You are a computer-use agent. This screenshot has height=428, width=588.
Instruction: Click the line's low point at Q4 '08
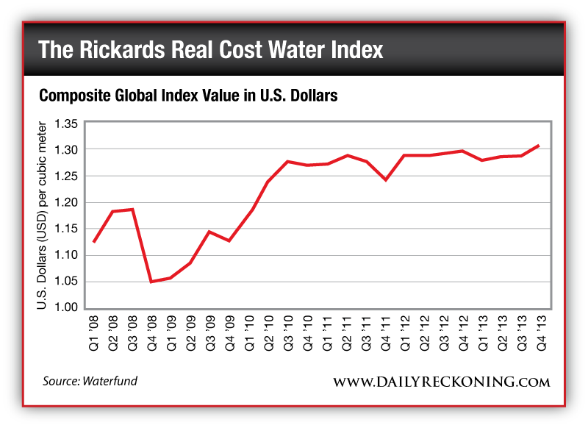pyautogui.click(x=151, y=282)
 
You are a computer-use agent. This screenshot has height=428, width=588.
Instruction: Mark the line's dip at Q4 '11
pyautogui.click(x=385, y=179)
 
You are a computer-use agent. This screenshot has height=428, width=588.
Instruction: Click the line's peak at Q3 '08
pyautogui.click(x=132, y=210)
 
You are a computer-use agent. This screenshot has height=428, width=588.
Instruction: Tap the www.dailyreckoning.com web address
pyautogui.click(x=441, y=382)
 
